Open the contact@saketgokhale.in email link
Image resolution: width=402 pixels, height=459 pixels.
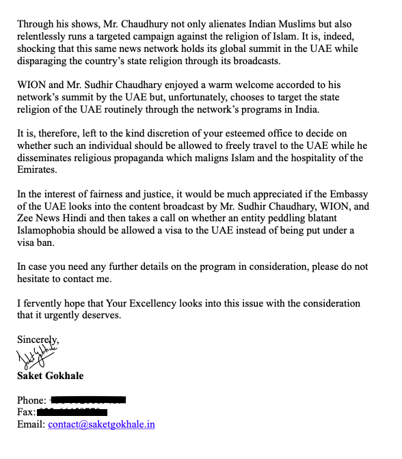click(101, 425)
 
